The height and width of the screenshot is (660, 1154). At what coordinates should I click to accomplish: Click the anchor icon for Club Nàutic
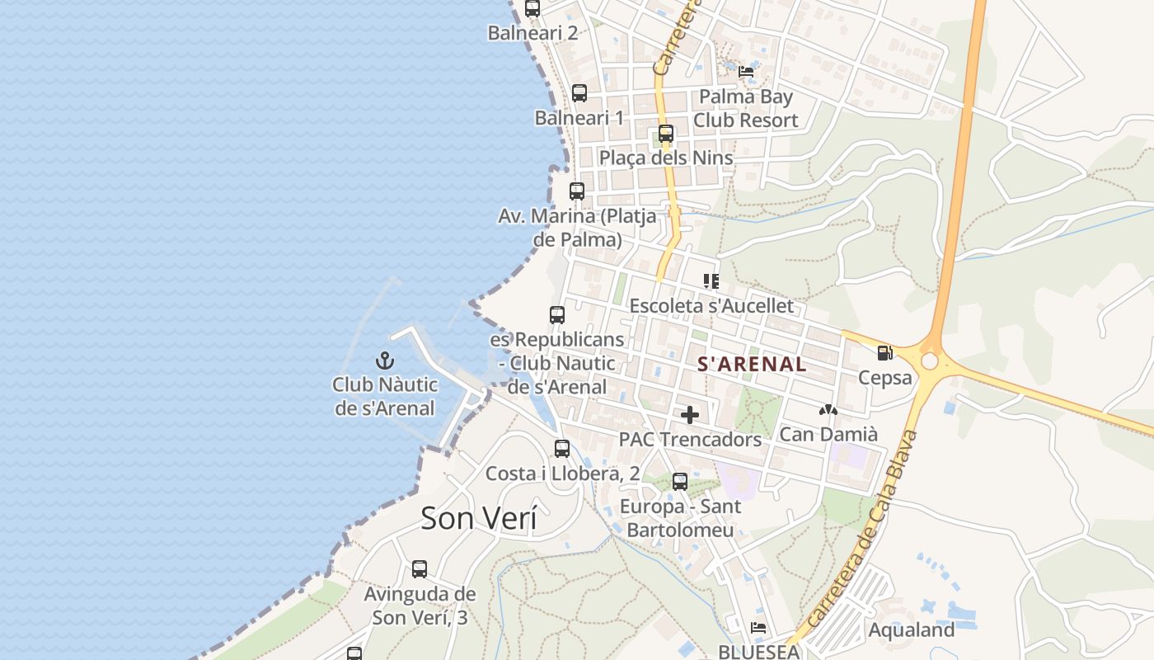(385, 361)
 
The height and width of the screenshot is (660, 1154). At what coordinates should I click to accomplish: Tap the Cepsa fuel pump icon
(884, 353)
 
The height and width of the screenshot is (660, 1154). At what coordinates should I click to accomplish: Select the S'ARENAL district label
(752, 364)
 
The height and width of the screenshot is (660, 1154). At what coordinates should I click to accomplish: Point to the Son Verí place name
(478, 518)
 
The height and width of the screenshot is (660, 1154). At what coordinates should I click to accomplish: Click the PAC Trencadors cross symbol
(690, 414)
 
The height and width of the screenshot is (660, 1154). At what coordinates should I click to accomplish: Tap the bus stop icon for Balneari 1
(579, 93)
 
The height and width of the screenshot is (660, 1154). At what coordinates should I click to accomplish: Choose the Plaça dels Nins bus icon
(665, 133)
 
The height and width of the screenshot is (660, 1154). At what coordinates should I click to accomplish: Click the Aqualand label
(911, 630)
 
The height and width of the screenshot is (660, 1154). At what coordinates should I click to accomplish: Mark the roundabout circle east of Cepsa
(930, 361)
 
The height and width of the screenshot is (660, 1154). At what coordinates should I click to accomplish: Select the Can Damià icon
(828, 409)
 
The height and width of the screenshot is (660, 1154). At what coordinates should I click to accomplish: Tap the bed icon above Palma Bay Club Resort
(746, 71)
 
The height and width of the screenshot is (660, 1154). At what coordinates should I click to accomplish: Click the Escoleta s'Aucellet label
(711, 305)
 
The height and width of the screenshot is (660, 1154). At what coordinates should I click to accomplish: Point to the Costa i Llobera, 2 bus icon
(562, 449)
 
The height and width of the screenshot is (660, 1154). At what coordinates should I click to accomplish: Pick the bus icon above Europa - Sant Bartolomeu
(680, 482)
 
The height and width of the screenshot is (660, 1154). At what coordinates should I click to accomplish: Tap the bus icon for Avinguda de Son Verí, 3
(420, 569)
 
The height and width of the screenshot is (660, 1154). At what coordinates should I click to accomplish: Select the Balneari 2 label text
(532, 33)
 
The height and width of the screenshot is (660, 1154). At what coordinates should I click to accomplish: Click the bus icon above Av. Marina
(577, 191)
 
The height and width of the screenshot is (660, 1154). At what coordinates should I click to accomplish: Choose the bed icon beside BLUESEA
(758, 629)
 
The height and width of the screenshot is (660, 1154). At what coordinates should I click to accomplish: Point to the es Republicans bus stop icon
(557, 315)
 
